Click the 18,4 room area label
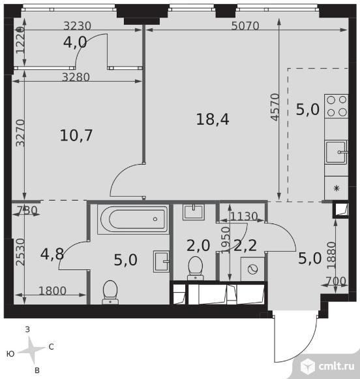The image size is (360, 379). (x=213, y=120)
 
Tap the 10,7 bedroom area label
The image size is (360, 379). (x=76, y=135)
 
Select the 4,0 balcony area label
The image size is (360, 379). (x=75, y=42)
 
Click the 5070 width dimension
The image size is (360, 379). (x=245, y=26)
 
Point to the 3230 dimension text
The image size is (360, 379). (x=77, y=26)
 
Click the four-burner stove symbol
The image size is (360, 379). (x=337, y=106)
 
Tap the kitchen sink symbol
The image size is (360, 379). (x=337, y=152)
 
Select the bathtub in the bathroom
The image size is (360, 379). (x=132, y=219)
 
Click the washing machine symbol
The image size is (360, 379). (x=252, y=269)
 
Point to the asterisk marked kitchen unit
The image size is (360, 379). (x=337, y=188)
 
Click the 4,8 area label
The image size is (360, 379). (x=52, y=254)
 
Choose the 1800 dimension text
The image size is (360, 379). (x=52, y=291)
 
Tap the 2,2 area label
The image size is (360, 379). (x=245, y=246)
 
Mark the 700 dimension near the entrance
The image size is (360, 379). (x=336, y=282)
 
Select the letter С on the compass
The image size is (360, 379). (x=51, y=347)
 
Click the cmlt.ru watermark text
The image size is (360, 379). (x=337, y=367)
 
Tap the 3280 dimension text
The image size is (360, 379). (x=76, y=77)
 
